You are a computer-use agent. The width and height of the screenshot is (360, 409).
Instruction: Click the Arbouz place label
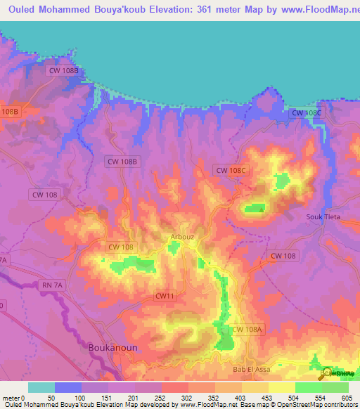click(181, 237)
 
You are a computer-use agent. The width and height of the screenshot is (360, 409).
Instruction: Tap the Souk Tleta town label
click(323, 216)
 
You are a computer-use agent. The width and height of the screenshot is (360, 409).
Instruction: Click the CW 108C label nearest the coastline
click(307, 113)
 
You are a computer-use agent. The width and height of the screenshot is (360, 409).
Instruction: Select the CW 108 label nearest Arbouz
click(121, 247)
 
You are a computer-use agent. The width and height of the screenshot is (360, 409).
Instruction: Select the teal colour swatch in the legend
click(41, 387)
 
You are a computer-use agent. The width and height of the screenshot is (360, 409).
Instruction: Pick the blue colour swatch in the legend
click(68, 387)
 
